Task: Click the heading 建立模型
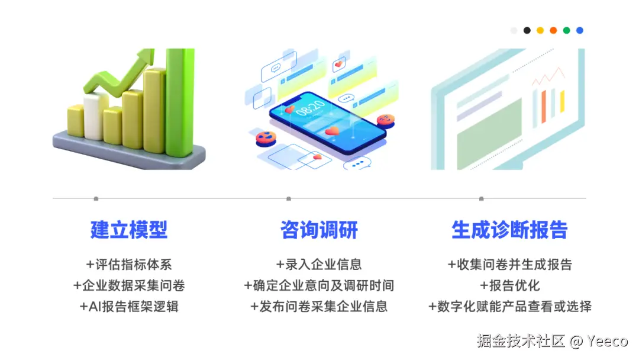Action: [129, 230]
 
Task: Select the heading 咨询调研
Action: [319, 230]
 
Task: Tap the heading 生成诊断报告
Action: [509, 230]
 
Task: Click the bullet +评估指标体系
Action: [129, 265]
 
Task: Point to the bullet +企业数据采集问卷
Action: [129, 285]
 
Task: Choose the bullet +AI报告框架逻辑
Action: [129, 306]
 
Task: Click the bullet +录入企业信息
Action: [319, 265]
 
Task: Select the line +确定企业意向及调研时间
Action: [319, 285]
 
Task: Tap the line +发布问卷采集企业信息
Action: [319, 306]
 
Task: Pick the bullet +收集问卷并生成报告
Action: [509, 265]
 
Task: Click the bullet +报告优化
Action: [509, 285]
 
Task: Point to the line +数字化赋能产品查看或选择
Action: [509, 306]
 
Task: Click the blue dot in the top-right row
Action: [580, 30]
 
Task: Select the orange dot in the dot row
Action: [553, 30]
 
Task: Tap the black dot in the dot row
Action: [527, 30]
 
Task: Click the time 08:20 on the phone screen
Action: [309, 110]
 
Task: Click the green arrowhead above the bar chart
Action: [142, 59]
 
